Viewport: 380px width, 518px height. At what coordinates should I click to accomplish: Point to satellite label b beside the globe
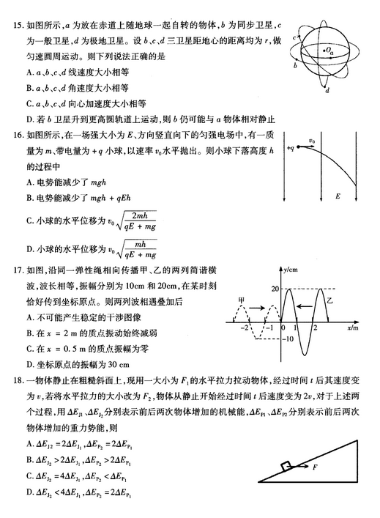pyautogui.click(x=294, y=65)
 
